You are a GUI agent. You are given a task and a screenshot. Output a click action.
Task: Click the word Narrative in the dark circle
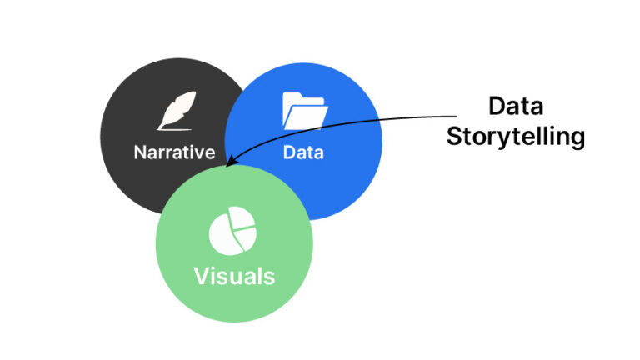(175, 152)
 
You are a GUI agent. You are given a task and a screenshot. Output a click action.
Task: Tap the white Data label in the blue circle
(303, 152)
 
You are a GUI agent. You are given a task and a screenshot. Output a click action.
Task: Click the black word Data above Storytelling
(515, 107)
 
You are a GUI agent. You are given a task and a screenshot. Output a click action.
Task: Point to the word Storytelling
(515, 137)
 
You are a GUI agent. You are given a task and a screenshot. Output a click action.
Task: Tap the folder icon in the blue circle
(303, 111)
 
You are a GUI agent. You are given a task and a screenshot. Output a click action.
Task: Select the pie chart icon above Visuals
(232, 232)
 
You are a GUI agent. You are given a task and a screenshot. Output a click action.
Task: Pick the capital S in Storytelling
(454, 136)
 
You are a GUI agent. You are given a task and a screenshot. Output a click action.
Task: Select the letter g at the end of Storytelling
(576, 139)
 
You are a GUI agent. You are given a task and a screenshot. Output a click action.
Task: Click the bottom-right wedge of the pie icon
(245, 241)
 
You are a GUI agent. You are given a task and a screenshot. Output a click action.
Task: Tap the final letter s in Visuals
(269, 277)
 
